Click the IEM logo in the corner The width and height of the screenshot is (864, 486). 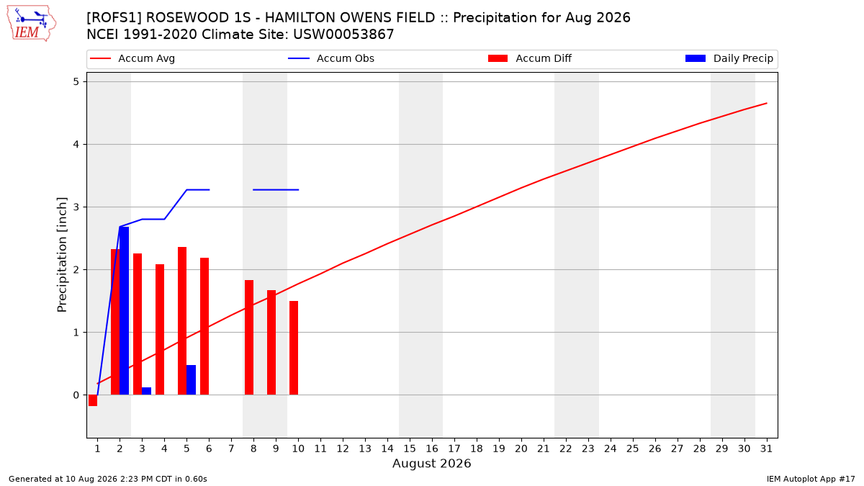click(31, 24)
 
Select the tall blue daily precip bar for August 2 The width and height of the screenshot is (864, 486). click(124, 311)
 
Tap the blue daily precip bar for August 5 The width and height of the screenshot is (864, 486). click(191, 380)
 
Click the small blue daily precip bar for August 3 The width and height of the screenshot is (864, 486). click(147, 391)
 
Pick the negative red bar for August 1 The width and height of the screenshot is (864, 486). click(93, 400)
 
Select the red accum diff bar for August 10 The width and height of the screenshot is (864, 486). click(294, 348)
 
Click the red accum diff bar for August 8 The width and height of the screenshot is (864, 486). click(249, 338)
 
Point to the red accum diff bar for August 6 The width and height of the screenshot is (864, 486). click(204, 326)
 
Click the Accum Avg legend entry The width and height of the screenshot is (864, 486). click(132, 58)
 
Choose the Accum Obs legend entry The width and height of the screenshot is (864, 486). click(331, 58)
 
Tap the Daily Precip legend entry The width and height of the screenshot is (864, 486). click(729, 58)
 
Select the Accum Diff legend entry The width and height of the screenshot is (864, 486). click(530, 58)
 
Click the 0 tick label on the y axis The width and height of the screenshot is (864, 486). click(76, 395)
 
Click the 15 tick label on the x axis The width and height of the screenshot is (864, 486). click(410, 449)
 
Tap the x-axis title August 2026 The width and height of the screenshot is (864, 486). click(431, 463)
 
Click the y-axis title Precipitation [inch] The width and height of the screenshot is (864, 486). click(62, 255)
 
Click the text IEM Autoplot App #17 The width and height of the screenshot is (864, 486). click(811, 479)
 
